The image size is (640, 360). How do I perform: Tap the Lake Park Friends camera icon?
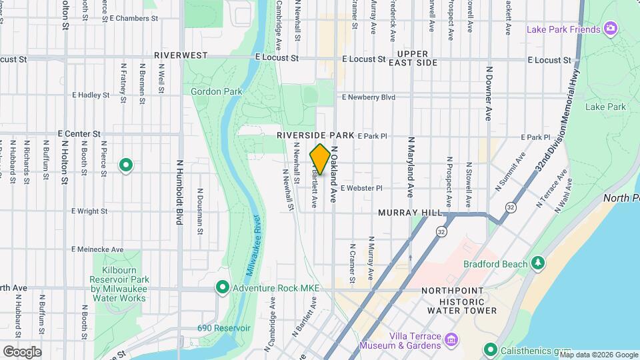(610, 29)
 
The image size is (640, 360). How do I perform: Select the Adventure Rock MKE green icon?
(222, 288)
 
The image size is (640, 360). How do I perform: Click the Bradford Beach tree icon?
(537, 265)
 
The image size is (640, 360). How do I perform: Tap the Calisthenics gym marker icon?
(491, 349)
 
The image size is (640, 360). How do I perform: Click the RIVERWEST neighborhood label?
(180, 55)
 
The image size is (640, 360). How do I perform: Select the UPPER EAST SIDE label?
(417, 58)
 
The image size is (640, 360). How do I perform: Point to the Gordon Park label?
(216, 91)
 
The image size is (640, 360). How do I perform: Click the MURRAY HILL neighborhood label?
(409, 213)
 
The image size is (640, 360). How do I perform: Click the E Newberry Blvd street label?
(368, 97)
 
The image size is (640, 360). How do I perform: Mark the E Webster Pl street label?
(361, 189)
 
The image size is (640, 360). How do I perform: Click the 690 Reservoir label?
(223, 328)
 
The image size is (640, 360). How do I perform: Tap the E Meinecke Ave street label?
(98, 249)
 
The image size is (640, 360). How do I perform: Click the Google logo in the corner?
(22, 351)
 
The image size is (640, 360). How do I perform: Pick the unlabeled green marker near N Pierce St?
(125, 165)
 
